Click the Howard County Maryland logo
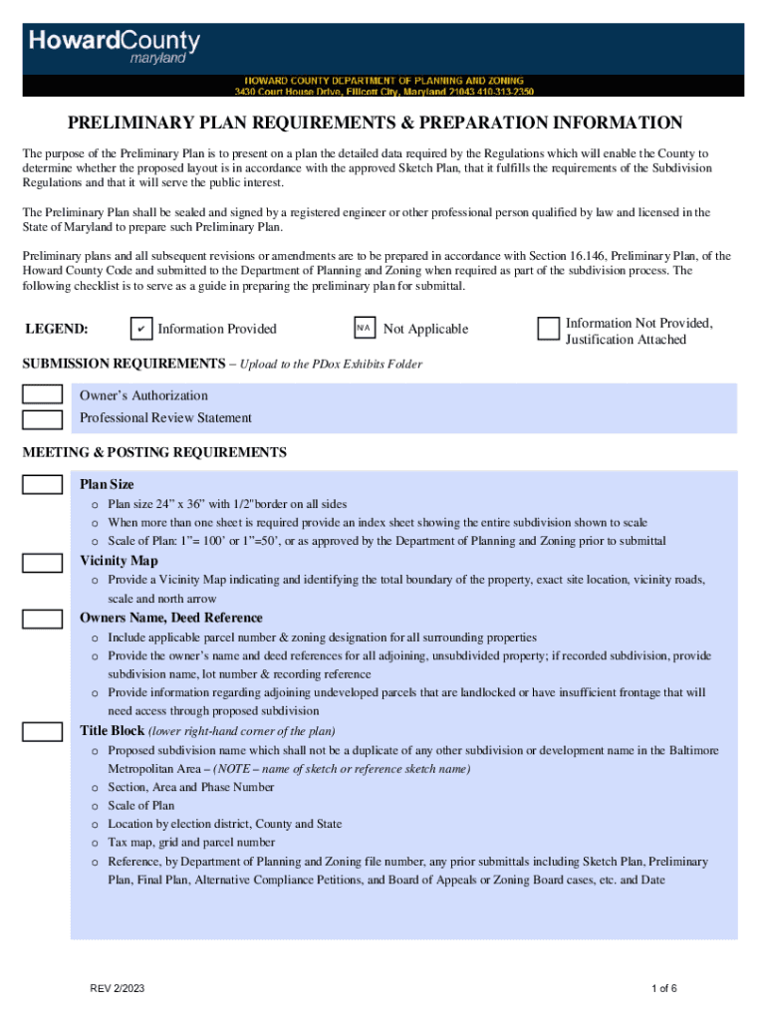coord(114,46)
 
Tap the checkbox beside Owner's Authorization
coord(42,395)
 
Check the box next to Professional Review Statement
coord(42,418)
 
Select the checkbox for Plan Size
coord(42,485)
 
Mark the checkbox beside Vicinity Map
coord(42,562)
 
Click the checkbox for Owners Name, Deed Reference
coord(42,619)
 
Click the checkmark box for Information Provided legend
coord(141,329)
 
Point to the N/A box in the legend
coord(365,329)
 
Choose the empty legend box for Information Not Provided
coord(548,330)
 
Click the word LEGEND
coord(56,329)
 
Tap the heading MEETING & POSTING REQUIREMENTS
coord(154,452)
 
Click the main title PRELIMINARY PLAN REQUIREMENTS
coord(375,124)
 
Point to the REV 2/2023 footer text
coord(117,988)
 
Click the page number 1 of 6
coord(663,988)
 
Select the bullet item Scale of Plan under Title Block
coord(141,806)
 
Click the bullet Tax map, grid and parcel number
coord(191,843)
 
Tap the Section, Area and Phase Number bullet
coord(191,787)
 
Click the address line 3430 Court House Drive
coord(383,91)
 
